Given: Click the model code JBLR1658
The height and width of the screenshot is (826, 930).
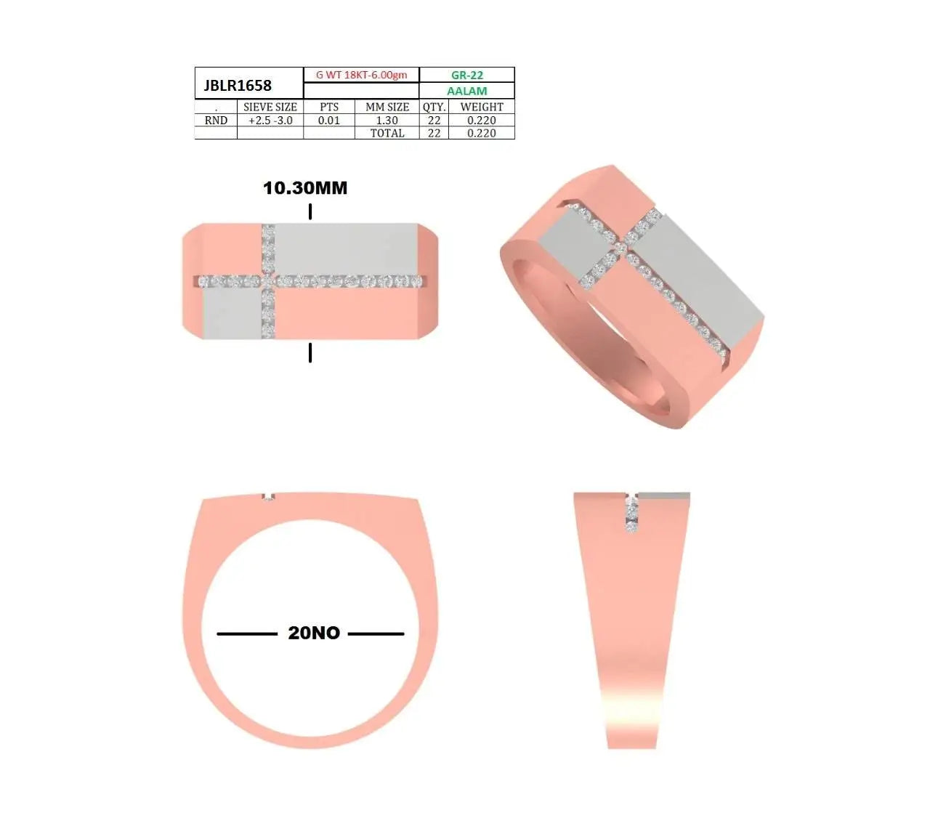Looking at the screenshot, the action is click(238, 86).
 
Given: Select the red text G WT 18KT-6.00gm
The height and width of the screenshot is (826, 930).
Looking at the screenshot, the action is click(361, 75).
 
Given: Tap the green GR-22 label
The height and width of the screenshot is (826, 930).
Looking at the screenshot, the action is click(467, 75).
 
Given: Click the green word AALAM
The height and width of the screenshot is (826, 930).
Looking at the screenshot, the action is click(467, 91).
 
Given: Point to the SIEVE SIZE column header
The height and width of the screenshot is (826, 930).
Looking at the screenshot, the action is click(270, 107).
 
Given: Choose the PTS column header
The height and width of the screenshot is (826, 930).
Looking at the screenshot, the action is click(328, 107).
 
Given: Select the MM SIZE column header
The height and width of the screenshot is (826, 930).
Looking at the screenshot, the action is click(387, 107).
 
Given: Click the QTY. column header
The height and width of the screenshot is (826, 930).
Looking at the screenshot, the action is click(434, 108).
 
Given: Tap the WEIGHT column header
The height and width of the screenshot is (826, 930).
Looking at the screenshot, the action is click(482, 107).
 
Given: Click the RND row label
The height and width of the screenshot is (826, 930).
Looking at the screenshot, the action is click(216, 121).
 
